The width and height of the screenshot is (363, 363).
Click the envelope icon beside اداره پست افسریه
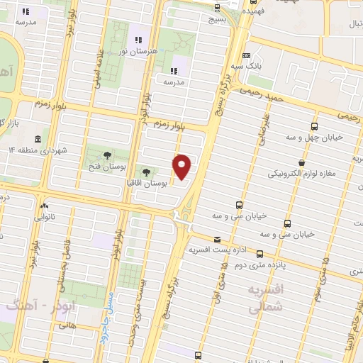tap(217, 240)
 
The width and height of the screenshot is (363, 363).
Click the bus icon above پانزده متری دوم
tap(259, 254)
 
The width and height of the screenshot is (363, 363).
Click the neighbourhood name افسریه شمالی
tap(267, 299)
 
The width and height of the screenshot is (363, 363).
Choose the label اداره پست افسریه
tap(217, 250)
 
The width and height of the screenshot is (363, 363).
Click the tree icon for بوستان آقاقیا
tap(147, 172)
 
